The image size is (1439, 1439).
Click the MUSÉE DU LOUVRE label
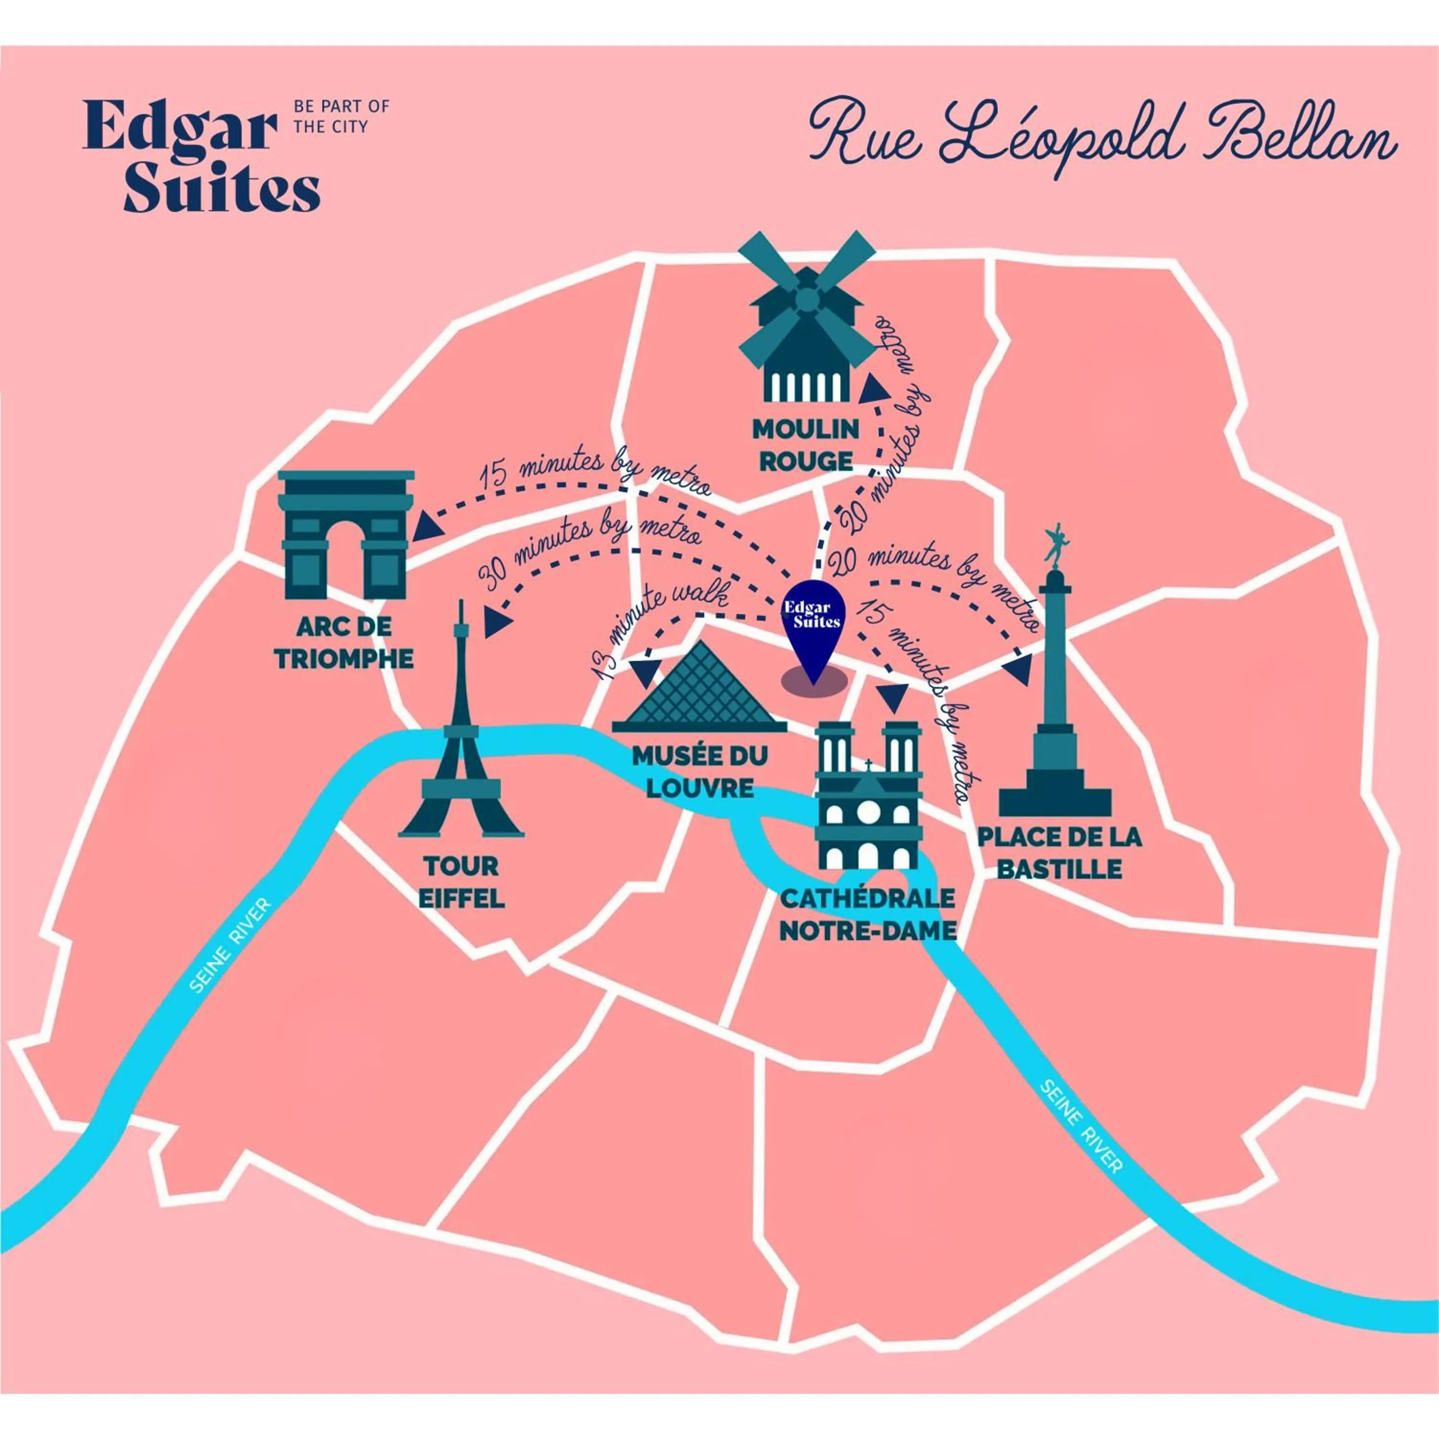tap(699, 772)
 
